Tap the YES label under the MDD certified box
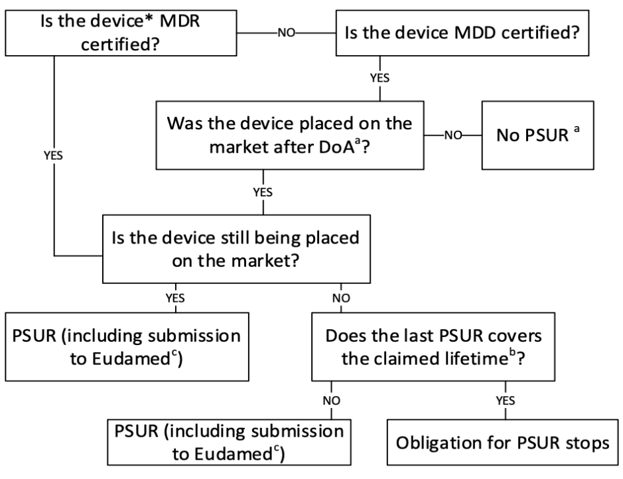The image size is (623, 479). tap(380, 77)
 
